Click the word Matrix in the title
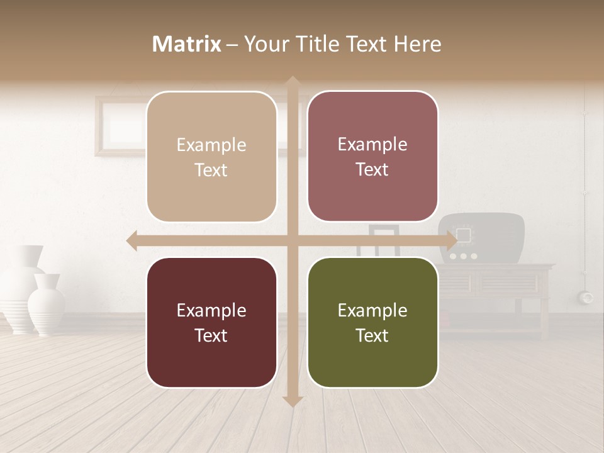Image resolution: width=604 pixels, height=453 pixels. pyautogui.click(x=187, y=44)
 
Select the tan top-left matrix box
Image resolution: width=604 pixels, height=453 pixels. pyautogui.click(x=211, y=157)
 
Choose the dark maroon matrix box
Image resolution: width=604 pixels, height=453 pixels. pyautogui.click(x=211, y=322)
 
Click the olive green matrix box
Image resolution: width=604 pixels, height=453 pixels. pyautogui.click(x=372, y=322)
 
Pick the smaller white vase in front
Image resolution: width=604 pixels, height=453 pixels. pyautogui.click(x=47, y=305)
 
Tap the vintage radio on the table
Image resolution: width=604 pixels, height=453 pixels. pyautogui.click(x=481, y=238)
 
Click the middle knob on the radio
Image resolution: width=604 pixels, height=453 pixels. pyautogui.click(x=464, y=256)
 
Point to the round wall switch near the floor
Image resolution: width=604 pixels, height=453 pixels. pyautogui.click(x=588, y=297)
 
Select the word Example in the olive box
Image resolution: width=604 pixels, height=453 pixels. pyautogui.click(x=372, y=310)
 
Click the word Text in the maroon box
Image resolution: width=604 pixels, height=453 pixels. pyautogui.click(x=211, y=335)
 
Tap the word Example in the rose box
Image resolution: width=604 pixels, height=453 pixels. pyautogui.click(x=372, y=144)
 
